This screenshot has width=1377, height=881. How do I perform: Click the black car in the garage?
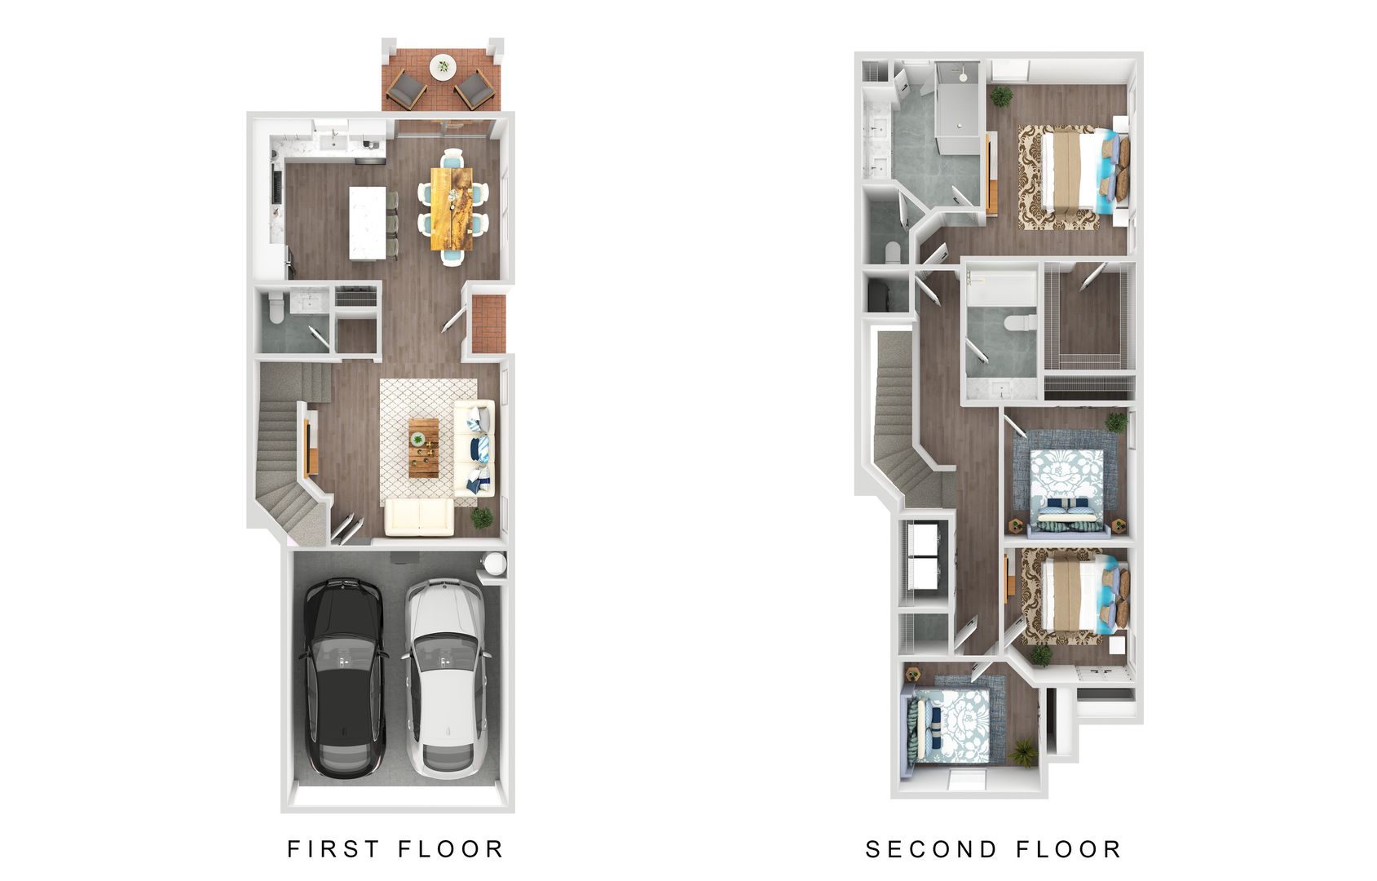(x=342, y=677)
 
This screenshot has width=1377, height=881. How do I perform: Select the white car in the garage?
(x=444, y=677)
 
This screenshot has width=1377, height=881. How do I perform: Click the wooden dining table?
(x=451, y=209)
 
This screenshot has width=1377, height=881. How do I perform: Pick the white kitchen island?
(x=367, y=223)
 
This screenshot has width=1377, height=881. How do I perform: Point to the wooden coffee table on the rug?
(x=423, y=448)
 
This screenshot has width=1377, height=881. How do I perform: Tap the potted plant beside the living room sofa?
(x=482, y=517)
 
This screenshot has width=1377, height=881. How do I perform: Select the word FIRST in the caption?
(x=333, y=849)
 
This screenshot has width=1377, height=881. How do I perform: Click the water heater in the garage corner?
(x=494, y=564)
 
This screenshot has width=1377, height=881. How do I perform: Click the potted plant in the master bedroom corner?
(x=1002, y=96)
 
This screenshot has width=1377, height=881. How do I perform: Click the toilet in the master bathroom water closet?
(x=889, y=250)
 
